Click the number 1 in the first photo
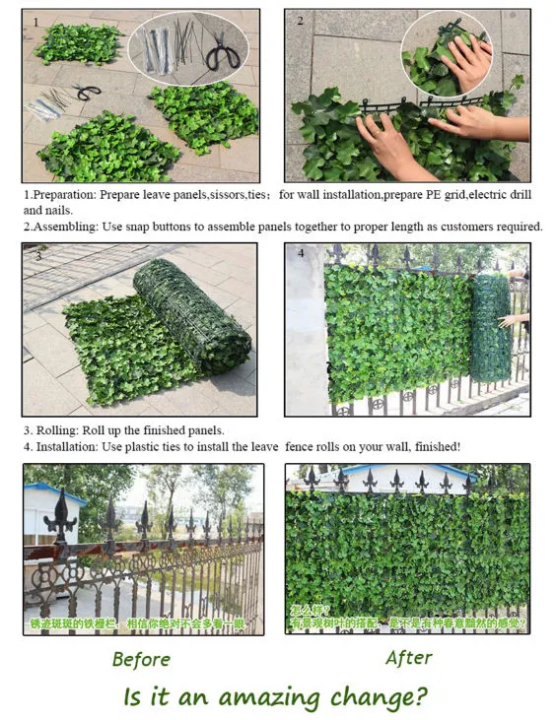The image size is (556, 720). pyautogui.click(x=35, y=21)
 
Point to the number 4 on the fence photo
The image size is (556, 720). pyautogui.click(x=301, y=253)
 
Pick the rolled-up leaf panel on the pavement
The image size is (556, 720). pyautogui.click(x=192, y=314)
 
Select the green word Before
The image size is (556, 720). pyautogui.click(x=141, y=659)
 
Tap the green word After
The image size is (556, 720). pyautogui.click(x=409, y=657)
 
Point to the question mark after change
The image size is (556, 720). pyautogui.click(x=420, y=696)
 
